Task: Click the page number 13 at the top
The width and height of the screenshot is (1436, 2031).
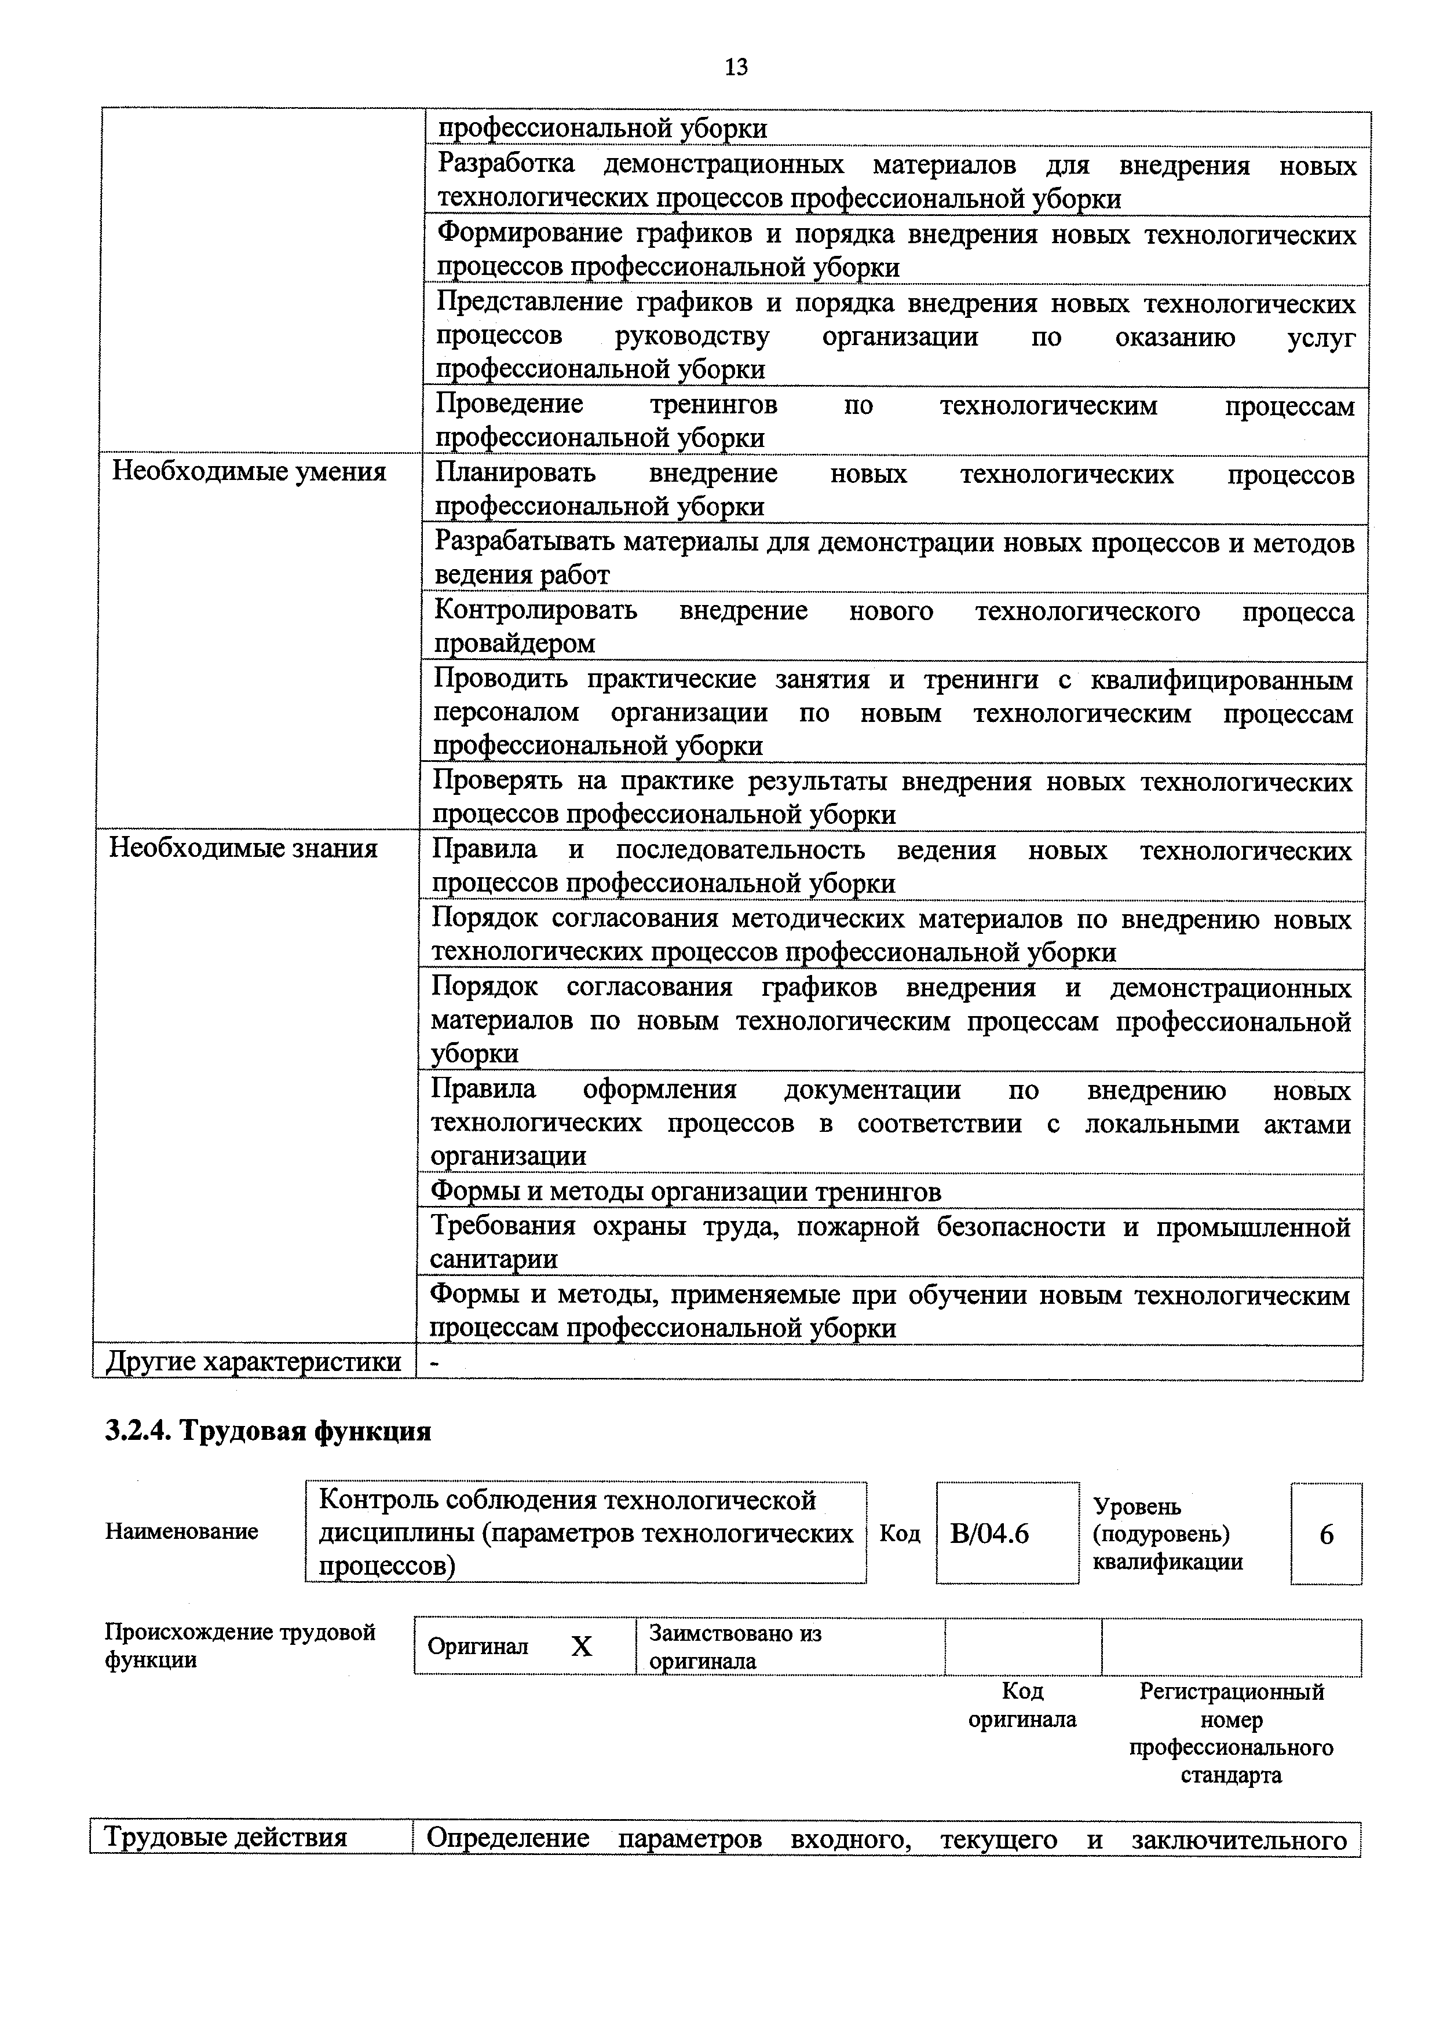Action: click(x=735, y=67)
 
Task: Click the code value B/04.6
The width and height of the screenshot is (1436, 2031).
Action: click(x=989, y=1533)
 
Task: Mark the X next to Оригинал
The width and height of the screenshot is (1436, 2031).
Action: click(x=582, y=1646)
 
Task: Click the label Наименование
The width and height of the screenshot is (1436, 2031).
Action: click(x=181, y=1531)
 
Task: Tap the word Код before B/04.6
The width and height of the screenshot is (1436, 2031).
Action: click(x=900, y=1533)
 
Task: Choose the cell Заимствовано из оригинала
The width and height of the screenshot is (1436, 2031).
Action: click(x=735, y=1646)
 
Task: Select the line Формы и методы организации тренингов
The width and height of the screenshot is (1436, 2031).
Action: click(x=686, y=1192)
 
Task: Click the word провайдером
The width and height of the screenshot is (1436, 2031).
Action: click(x=513, y=643)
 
